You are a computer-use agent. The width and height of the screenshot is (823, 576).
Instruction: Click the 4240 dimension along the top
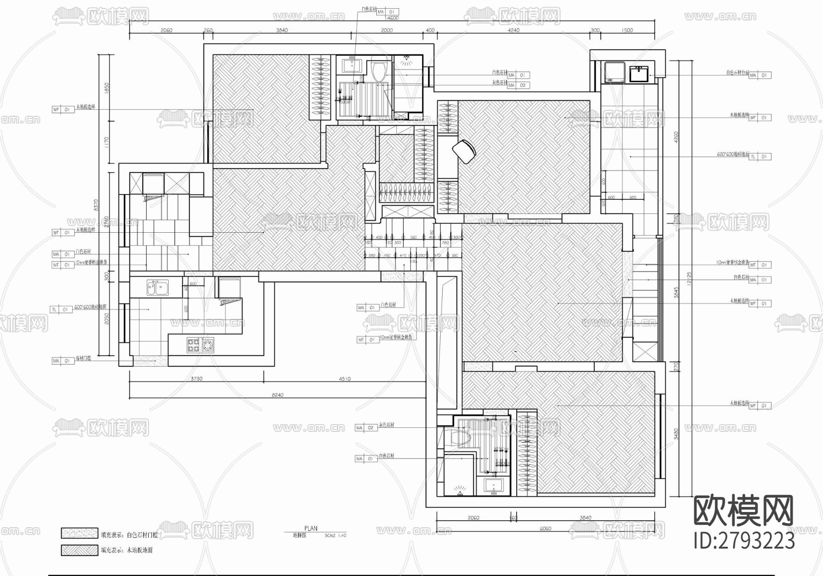pos(513,30)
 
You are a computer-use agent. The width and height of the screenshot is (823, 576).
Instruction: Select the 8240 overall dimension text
pos(278,395)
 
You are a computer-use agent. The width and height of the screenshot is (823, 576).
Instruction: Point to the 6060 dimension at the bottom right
pos(545,529)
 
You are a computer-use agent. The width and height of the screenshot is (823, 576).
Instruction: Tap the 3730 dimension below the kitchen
pos(196,379)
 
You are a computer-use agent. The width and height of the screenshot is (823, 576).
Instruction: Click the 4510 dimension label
pos(344,379)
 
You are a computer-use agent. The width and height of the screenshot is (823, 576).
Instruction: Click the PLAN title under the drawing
pos(310,528)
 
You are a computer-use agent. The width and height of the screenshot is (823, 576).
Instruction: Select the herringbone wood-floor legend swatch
pos(80,550)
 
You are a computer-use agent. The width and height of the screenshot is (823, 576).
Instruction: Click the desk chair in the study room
pos(465,151)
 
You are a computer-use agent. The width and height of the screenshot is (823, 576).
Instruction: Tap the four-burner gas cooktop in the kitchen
pos(200,345)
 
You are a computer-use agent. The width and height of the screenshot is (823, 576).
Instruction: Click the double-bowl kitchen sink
pos(157,288)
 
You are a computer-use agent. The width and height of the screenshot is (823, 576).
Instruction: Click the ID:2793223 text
pos(744,541)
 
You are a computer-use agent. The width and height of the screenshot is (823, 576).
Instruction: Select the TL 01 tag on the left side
pos(60,309)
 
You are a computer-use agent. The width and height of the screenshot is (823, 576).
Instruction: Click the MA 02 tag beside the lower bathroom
pos(366,428)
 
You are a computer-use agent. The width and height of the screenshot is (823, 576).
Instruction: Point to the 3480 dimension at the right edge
pos(676,433)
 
